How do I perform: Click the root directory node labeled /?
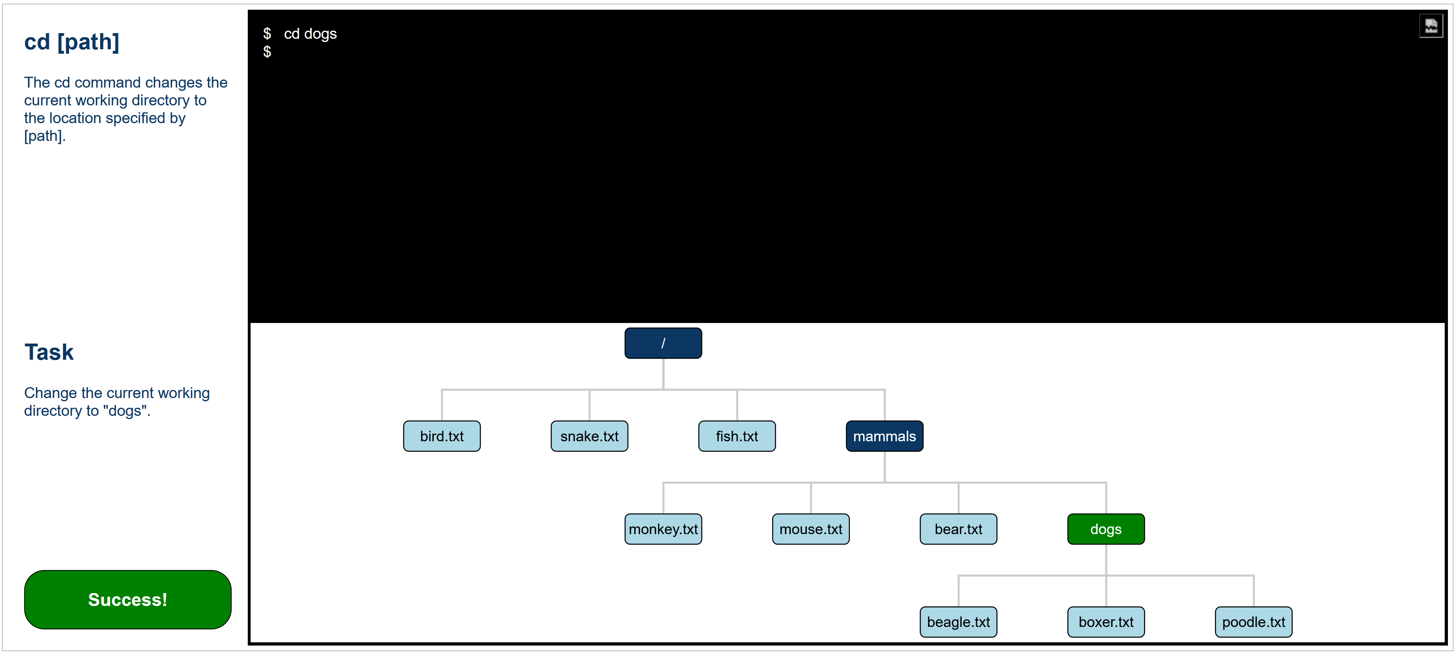tap(663, 343)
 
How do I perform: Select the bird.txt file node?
tap(441, 436)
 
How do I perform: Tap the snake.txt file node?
tap(589, 436)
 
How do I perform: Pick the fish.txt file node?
tap(736, 436)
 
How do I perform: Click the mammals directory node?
tap(884, 436)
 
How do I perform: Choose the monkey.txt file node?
tap(663, 529)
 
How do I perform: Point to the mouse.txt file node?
tap(810, 529)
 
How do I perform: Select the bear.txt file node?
tap(958, 529)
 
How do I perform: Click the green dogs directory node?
tap(1106, 529)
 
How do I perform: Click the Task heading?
tap(48, 352)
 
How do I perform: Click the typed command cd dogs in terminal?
tap(310, 34)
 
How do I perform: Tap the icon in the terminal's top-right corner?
tap(1431, 26)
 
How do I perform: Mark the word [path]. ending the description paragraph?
tap(45, 136)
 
